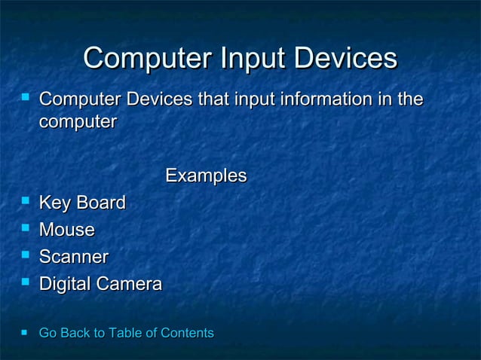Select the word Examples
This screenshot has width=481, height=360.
click(x=206, y=176)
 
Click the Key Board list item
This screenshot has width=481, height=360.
click(x=81, y=203)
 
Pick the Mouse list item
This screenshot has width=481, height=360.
click(x=66, y=230)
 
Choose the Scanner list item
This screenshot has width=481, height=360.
click(x=73, y=258)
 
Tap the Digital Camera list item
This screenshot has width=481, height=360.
click(x=100, y=285)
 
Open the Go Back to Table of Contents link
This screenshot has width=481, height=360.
click(x=126, y=333)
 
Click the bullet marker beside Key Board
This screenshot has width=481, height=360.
click(x=26, y=202)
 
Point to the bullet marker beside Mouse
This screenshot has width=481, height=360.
click(x=26, y=229)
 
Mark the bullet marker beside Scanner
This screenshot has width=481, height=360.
click(x=26, y=256)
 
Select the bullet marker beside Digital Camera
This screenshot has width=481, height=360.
click(x=26, y=283)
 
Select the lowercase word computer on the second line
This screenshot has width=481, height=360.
click(x=77, y=121)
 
